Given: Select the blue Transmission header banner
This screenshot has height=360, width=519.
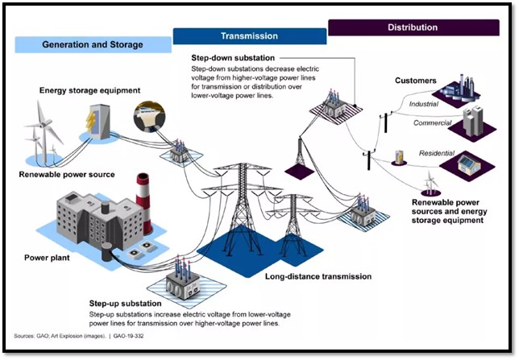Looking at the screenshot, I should [x=249, y=36].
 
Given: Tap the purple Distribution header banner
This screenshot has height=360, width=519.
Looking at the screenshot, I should [x=413, y=27].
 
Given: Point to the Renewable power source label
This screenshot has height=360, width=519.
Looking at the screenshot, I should [x=68, y=174].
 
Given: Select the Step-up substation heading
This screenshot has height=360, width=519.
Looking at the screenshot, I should [x=130, y=304].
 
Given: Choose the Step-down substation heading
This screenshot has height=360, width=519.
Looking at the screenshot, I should [x=232, y=59].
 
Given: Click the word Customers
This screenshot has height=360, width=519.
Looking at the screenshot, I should [x=416, y=81].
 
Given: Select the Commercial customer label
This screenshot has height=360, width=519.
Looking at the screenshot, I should [x=433, y=123].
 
